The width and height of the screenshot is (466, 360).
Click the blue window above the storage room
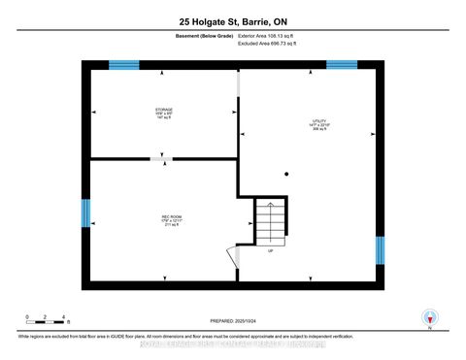pyautogui.click(x=124, y=64)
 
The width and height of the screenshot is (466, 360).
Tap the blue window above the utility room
pyautogui.click(x=341, y=64)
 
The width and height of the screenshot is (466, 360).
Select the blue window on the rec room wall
pyautogui.click(x=86, y=213)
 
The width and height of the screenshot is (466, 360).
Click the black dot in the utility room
pyautogui.click(x=286, y=175)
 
